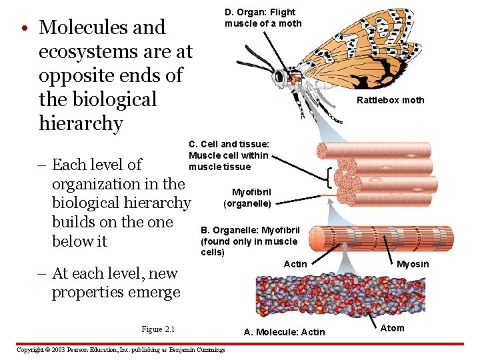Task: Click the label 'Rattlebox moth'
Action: pyautogui.click(x=390, y=100)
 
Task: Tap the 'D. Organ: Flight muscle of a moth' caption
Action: pyautogui.click(x=263, y=18)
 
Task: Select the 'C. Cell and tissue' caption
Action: pyautogui.click(x=229, y=155)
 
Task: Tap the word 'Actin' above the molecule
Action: pyautogui.click(x=295, y=264)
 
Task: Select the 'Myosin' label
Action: pyautogui.click(x=413, y=264)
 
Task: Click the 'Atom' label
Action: pyautogui.click(x=392, y=327)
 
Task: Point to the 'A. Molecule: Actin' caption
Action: pyautogui.click(x=285, y=332)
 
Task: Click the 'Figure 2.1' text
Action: pyautogui.click(x=158, y=329)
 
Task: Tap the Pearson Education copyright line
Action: pyautogui.click(x=121, y=349)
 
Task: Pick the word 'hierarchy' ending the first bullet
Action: pyautogui.click(x=81, y=123)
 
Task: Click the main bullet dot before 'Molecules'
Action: pyautogui.click(x=23, y=29)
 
